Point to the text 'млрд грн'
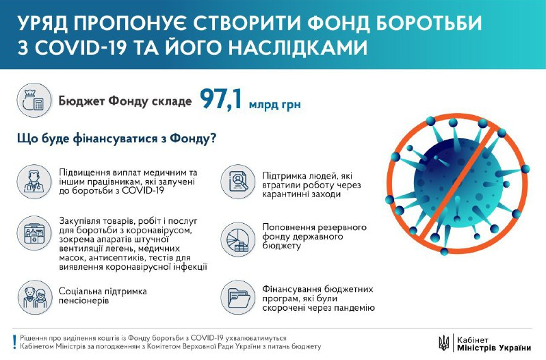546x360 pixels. (276, 104)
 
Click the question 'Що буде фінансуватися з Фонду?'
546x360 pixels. (116, 139)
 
